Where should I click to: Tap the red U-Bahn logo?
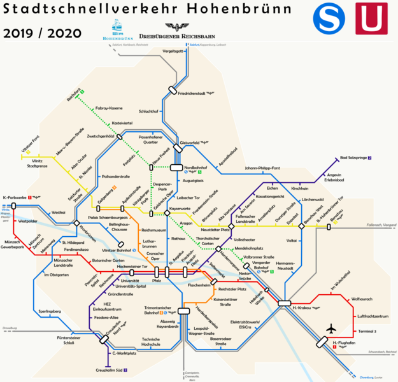pyautogui.click(x=371, y=19)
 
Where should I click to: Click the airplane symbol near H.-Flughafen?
pyautogui.click(x=330, y=328)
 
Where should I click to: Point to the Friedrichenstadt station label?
pyautogui.click(x=194, y=94)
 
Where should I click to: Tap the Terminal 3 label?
pyautogui.click(x=367, y=331)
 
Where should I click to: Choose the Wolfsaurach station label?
pyautogui.click(x=362, y=299)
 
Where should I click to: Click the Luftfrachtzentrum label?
pyautogui.click(x=373, y=316)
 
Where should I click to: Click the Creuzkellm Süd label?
pyautogui.click(x=110, y=370)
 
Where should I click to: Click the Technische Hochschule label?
pyautogui.click(x=150, y=342)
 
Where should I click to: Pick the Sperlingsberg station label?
pyautogui.click(x=49, y=311)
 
